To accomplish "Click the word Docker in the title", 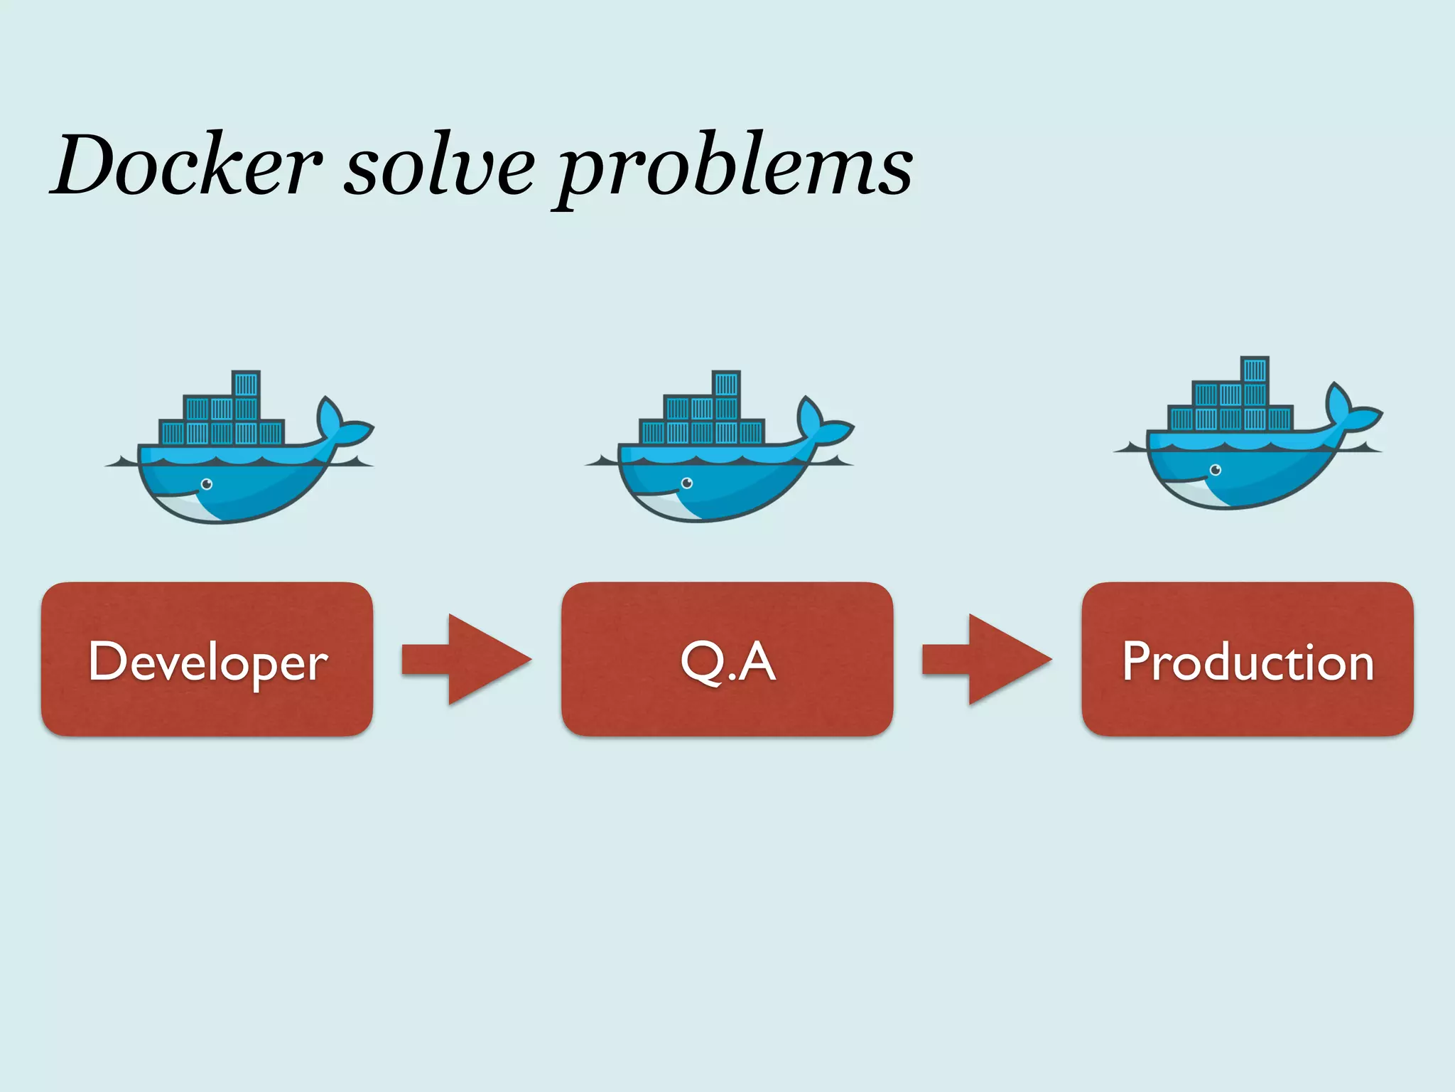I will click(x=186, y=165).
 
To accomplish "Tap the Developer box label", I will click(x=207, y=662).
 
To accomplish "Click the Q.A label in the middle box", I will click(x=727, y=662).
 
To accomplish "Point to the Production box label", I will click(x=1248, y=662).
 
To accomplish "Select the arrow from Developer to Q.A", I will click(x=466, y=659).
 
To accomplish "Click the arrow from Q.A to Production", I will click(x=986, y=659).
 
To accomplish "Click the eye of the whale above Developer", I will click(x=207, y=484).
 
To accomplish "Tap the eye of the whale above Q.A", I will click(x=687, y=483).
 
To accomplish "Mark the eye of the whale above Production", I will click(x=1216, y=470).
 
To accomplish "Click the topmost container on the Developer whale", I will click(x=246, y=385).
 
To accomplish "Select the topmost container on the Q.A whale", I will click(x=726, y=385).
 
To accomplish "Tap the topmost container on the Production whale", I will click(x=1255, y=370).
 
